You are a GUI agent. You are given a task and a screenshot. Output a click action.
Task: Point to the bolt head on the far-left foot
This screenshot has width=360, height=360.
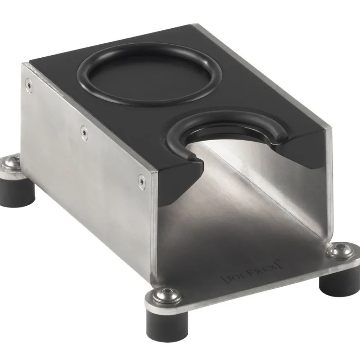pos(9,162)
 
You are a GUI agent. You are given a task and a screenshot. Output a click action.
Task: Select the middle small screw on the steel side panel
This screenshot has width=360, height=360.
pos(84,132)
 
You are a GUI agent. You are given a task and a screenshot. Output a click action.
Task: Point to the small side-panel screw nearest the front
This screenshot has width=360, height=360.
pos(142,182)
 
